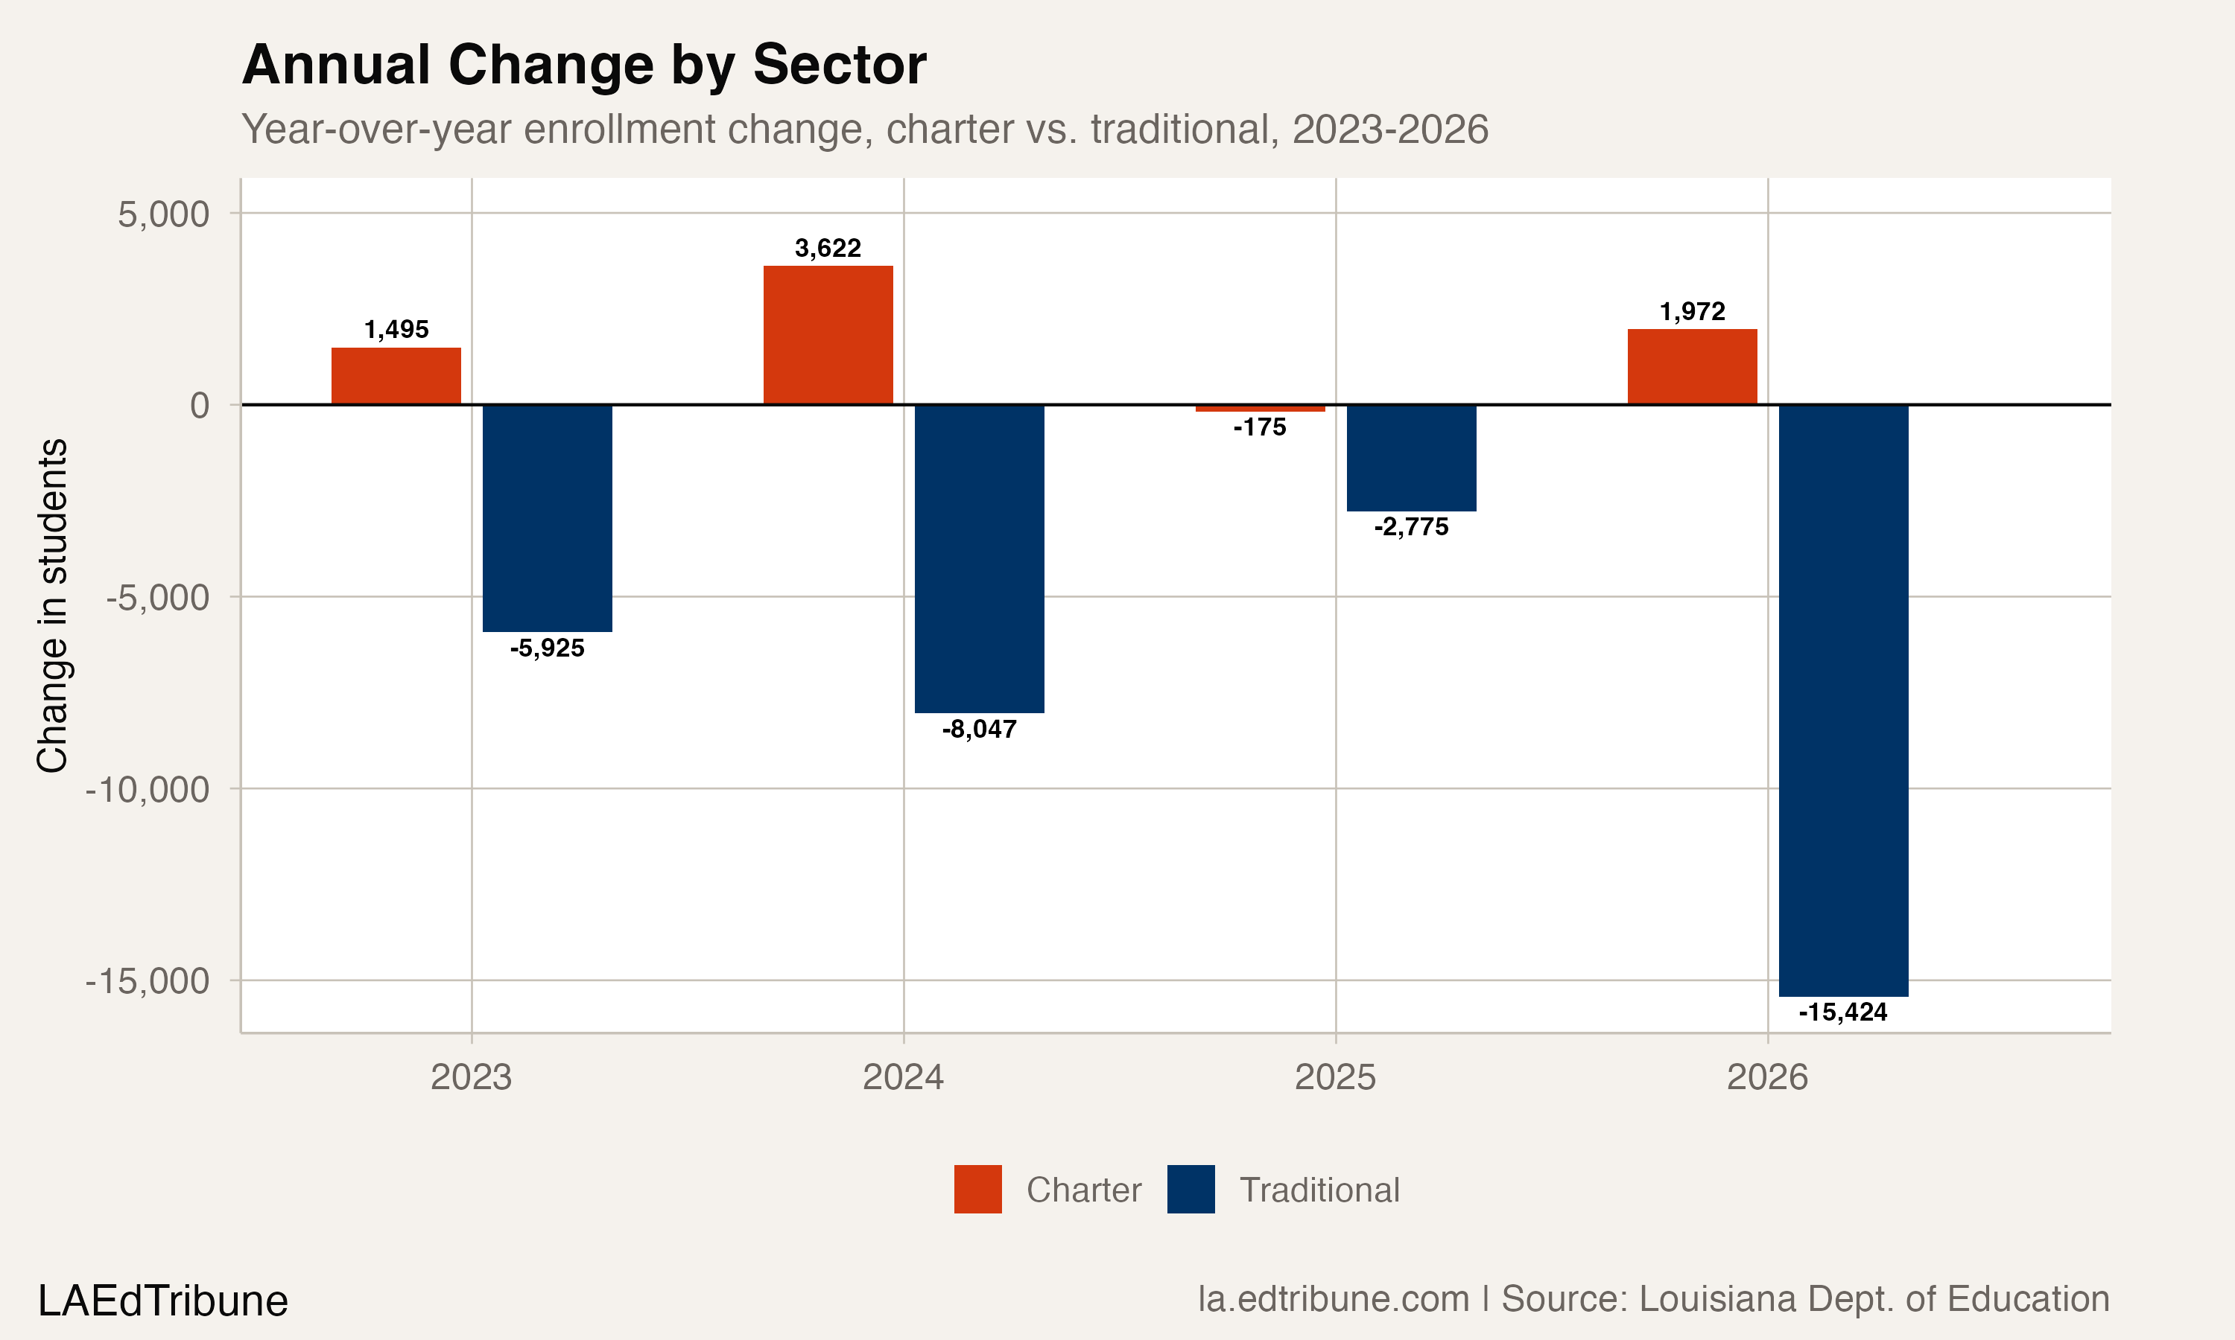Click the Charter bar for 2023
396,376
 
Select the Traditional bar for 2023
548,518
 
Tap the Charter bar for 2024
828,335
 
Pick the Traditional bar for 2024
979,559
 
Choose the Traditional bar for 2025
1411,458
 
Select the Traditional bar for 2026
1843,701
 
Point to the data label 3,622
828,249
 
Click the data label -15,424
1843,1012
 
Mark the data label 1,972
1692,311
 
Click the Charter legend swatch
977,1189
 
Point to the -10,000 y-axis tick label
148,789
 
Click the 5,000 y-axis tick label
163,215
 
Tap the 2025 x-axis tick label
1335,1077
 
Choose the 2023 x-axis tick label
471,1077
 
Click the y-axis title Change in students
52,605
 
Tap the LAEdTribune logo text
162,1301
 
